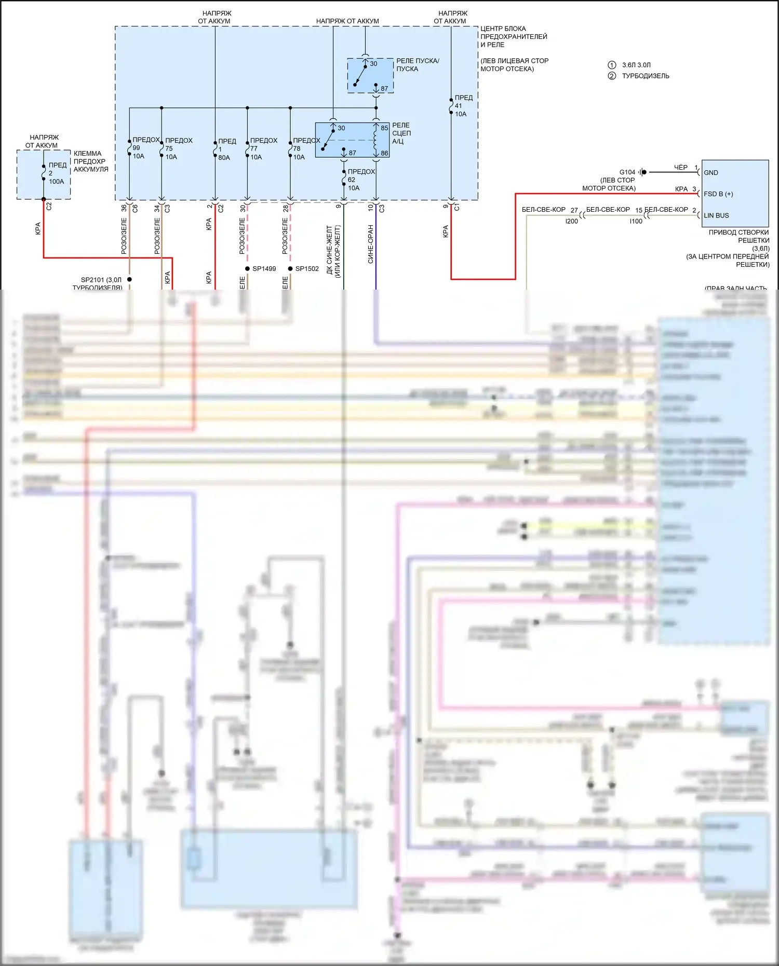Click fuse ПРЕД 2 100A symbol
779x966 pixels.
coord(44,173)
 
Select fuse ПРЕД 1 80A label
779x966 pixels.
coord(226,149)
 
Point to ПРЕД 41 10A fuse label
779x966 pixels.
coord(463,105)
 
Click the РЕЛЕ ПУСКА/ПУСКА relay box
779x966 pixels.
coord(370,76)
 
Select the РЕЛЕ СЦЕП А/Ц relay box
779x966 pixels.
coord(352,140)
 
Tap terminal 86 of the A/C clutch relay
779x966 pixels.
coord(384,153)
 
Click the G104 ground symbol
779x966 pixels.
coord(643,172)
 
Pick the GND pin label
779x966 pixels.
coord(710,173)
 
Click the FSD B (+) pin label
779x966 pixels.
coord(718,194)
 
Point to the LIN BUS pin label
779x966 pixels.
coord(716,215)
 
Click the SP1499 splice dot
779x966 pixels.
coord(247,268)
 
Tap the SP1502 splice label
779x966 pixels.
coord(307,268)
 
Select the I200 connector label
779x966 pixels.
coord(571,221)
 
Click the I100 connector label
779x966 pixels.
coord(636,221)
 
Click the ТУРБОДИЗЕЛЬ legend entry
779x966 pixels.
coord(645,76)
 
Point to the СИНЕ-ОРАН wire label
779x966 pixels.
coord(371,244)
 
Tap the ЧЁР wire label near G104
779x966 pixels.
coord(680,167)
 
